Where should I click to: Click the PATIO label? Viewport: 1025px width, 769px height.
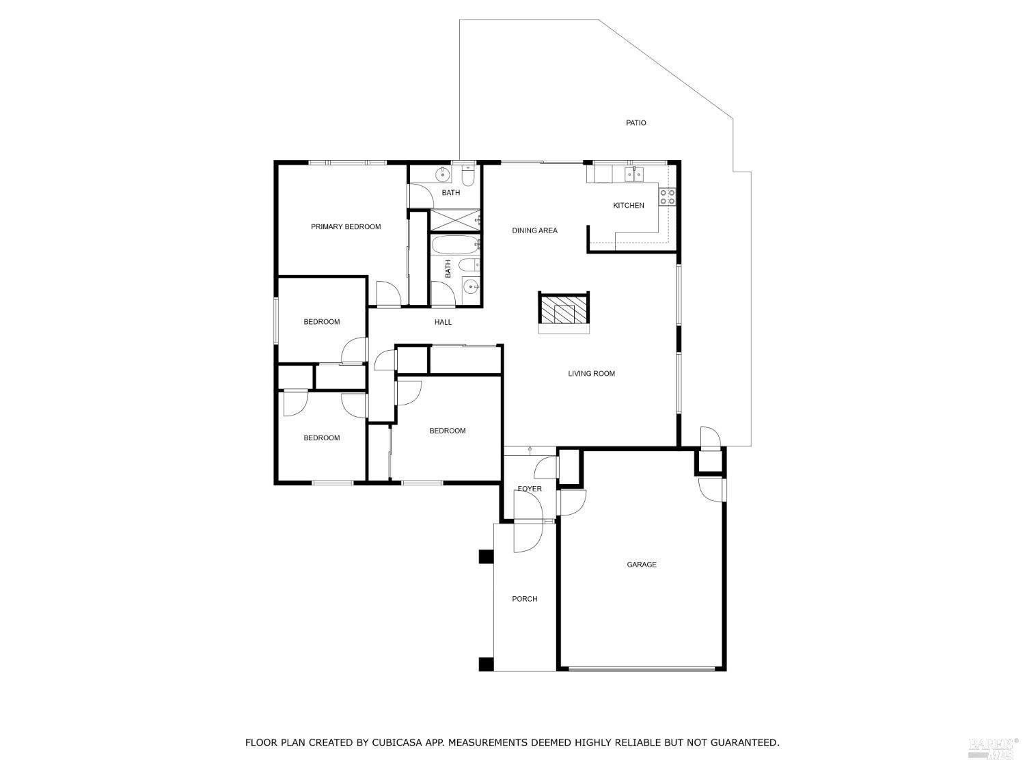click(635, 123)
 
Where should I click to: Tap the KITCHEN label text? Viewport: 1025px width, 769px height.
click(628, 206)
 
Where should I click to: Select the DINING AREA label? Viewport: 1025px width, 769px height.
click(534, 231)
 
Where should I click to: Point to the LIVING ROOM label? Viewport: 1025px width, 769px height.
click(591, 374)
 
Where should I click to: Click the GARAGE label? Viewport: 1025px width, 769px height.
click(641, 565)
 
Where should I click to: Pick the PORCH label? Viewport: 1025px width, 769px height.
click(524, 599)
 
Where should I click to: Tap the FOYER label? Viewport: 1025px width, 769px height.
click(529, 489)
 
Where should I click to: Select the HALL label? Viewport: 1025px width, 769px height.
click(443, 323)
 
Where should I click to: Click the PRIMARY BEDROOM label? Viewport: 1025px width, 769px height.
click(346, 227)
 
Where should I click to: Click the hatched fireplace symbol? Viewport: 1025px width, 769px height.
click(563, 309)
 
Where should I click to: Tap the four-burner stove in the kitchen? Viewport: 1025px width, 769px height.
click(667, 197)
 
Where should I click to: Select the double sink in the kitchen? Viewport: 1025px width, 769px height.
click(633, 176)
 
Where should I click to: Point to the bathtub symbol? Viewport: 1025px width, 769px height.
click(455, 244)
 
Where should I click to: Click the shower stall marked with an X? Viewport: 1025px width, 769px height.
click(454, 219)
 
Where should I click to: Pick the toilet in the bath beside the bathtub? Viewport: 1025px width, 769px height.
click(468, 265)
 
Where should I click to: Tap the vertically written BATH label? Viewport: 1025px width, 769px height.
click(448, 269)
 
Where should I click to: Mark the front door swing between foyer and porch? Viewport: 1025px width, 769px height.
click(528, 523)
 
